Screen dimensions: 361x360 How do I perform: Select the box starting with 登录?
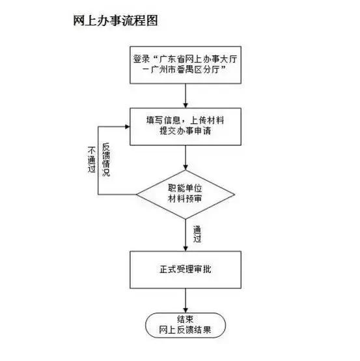click(x=186, y=65)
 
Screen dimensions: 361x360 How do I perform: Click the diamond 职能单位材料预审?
click(x=186, y=194)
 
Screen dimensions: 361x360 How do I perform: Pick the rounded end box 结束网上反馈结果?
click(x=186, y=325)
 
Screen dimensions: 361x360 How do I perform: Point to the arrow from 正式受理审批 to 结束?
click(x=186, y=299)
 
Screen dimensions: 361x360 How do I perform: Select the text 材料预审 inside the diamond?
click(x=186, y=198)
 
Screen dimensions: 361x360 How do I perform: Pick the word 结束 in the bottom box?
click(x=186, y=319)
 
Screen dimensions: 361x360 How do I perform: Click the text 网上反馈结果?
click(x=186, y=330)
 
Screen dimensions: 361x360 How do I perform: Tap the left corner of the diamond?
click(x=137, y=194)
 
